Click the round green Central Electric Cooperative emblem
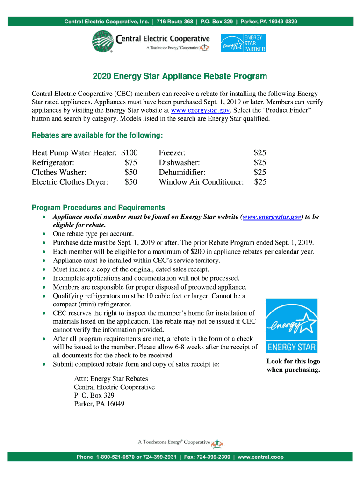pos(105,42)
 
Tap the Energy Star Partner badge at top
pos(243,43)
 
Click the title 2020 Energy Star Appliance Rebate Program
pos(180,76)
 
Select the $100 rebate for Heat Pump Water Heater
pos(129,152)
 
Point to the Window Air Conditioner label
pos(201,182)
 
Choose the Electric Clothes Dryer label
pos(70,182)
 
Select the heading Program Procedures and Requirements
pos(98,207)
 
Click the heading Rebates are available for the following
pos(97,135)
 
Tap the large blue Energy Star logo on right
pos(291,326)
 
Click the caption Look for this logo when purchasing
pos(293,365)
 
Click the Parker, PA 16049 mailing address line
pos(99,404)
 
